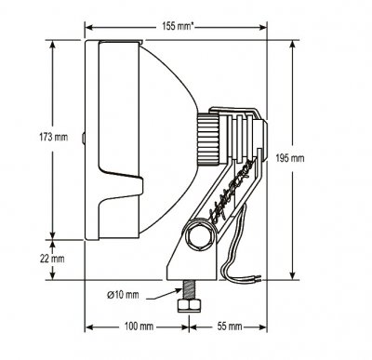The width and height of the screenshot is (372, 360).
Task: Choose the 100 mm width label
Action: (138, 327)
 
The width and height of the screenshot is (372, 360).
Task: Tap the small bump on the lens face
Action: (84, 140)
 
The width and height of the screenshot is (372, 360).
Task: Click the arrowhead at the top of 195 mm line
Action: (294, 45)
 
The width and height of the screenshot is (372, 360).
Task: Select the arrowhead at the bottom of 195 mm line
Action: (294, 276)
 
